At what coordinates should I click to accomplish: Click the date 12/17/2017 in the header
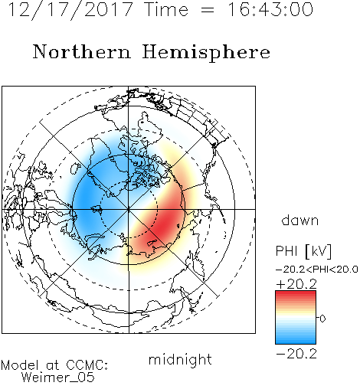pos(70,10)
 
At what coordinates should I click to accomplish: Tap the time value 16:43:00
pos(270,9)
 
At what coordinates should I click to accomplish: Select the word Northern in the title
pos(81,51)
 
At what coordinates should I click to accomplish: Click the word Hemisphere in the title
pos(206,53)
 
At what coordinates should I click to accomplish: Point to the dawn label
pos(300,220)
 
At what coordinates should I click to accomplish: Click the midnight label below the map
pos(180,359)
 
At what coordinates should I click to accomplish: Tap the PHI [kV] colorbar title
pos(303,251)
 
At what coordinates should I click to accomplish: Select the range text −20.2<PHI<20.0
pos(317,270)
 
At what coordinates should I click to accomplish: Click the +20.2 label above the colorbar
pos(296,284)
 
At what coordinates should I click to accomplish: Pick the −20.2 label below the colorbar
pos(296,354)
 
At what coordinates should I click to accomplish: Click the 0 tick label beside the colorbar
pos(322,319)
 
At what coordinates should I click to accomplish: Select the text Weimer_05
pos(58,378)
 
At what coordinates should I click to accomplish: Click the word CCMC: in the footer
pos(87,365)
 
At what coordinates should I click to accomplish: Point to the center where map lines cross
pos(129,209)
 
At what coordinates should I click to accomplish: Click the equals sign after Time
pos(208,10)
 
